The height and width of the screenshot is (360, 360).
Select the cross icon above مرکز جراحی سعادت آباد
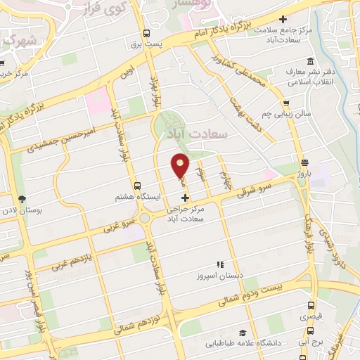(x=185, y=199)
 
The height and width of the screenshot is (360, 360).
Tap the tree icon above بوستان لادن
(x=22, y=199)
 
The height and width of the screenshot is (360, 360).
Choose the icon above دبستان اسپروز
(x=220, y=264)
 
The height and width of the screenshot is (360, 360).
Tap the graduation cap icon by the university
(x=243, y=333)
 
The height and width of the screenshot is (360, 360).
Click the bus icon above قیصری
(x=311, y=306)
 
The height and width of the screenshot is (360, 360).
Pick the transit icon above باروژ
(x=303, y=162)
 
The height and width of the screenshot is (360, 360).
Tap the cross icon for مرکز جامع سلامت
(x=283, y=19)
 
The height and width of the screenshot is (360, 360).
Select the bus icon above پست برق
(x=146, y=32)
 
